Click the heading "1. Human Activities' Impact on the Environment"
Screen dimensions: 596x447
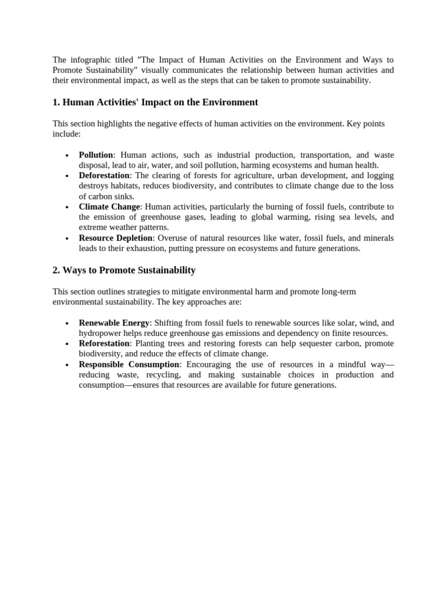click(155, 102)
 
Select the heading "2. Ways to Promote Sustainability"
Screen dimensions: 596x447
click(124, 271)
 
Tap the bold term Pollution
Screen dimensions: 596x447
click(96, 155)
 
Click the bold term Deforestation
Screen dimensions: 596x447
click(104, 176)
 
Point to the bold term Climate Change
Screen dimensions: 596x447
click(109, 207)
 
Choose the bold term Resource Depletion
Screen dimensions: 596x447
click(116, 238)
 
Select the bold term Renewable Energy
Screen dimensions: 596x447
click(114, 323)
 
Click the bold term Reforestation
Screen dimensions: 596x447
click(104, 343)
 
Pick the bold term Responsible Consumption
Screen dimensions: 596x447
click(129, 364)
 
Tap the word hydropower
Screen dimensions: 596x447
click(100, 334)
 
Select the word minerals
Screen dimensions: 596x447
click(378, 238)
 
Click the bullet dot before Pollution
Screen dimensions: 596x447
click(67, 156)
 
